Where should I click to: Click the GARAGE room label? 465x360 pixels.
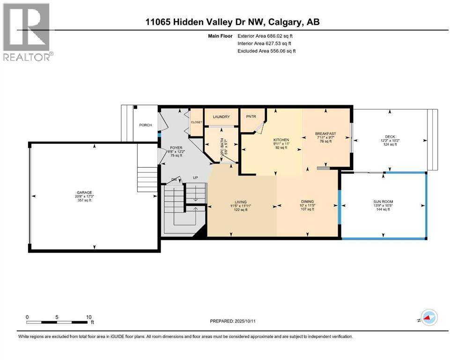tap(81, 192)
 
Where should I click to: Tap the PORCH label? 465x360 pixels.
tap(145, 125)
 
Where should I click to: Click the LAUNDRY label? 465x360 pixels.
tap(221, 117)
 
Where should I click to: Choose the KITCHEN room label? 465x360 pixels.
tap(281, 140)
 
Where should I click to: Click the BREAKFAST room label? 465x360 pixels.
tap(326, 134)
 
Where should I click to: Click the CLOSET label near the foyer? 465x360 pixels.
tap(196, 122)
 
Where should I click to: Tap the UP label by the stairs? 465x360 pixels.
tap(196, 178)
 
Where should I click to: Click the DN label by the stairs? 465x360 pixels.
tap(174, 179)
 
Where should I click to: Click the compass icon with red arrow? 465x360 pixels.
tap(428, 318)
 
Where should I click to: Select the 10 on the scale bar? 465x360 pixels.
tap(89, 317)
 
